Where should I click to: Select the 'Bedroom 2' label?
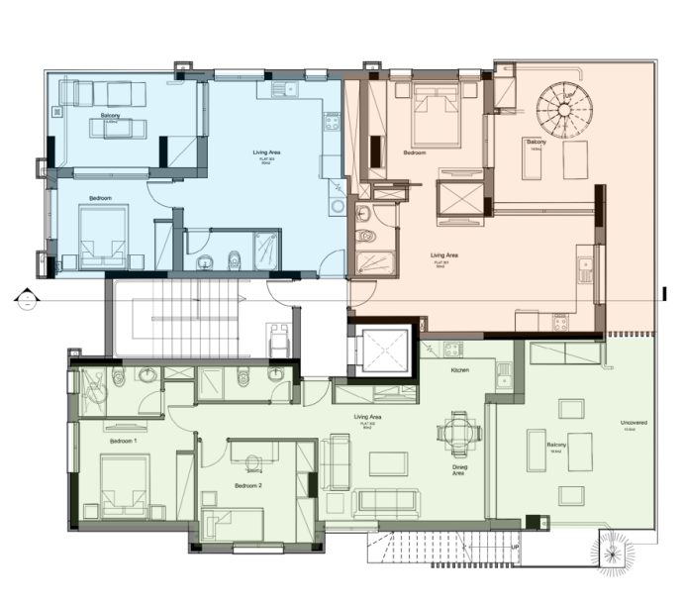[x=247, y=486]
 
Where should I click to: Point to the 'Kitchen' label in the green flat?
[x=459, y=370]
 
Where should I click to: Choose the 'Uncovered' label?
[x=634, y=423]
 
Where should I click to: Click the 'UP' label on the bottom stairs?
[x=513, y=546]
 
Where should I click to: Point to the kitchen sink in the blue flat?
[x=279, y=91]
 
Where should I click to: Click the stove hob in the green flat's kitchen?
[x=452, y=349]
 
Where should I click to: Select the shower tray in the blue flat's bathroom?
[x=266, y=247]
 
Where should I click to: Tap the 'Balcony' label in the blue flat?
[x=111, y=117]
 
